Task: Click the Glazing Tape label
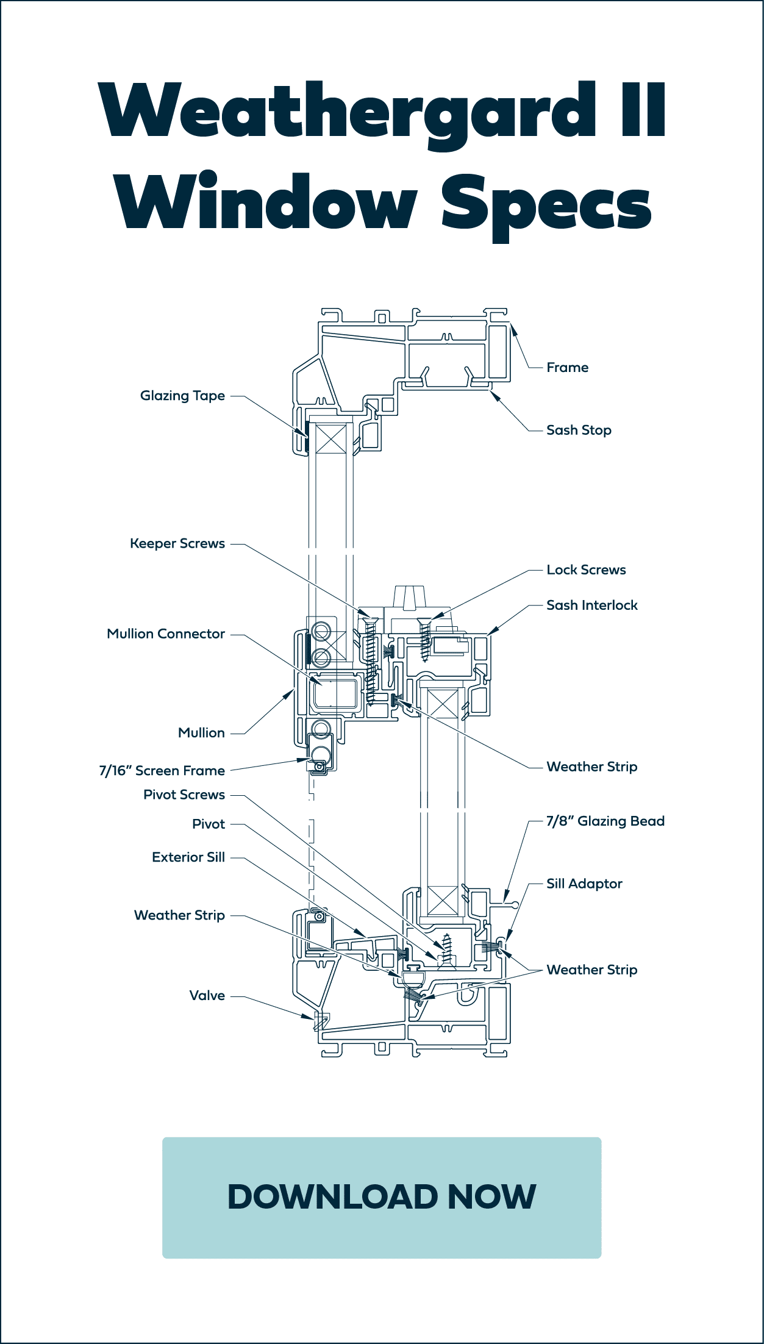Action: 182,396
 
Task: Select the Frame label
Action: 567,368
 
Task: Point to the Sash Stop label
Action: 578,431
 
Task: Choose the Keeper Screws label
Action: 177,543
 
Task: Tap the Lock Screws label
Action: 585,570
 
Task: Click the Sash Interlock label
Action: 591,605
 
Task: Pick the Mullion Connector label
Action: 166,634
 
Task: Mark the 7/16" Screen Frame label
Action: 162,771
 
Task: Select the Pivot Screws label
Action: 184,795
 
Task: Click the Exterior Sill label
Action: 188,857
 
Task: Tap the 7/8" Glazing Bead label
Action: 605,821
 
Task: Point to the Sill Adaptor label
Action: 584,884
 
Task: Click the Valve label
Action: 207,996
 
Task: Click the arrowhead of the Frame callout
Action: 513,330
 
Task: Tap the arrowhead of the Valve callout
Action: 309,1017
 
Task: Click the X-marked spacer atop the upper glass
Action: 331,439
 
